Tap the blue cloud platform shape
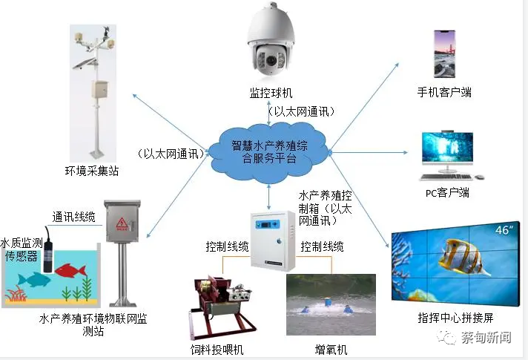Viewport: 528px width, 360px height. pos(268,152)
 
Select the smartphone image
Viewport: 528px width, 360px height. pos(444,54)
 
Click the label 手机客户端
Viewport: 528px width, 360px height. pos(444,92)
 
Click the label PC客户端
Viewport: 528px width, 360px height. pos(447,193)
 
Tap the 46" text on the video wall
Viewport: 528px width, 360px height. pos(504,230)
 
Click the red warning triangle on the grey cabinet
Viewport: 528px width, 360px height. pos(122,223)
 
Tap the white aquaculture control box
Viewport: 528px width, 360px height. pos(273,241)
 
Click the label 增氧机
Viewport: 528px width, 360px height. pos(331,350)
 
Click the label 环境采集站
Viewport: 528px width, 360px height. pos(92,171)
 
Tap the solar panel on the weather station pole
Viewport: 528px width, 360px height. pos(85,63)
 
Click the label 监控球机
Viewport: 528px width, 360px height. pos(271,93)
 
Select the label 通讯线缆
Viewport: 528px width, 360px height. pos(73,217)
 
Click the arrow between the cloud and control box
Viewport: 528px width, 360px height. pos(268,197)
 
